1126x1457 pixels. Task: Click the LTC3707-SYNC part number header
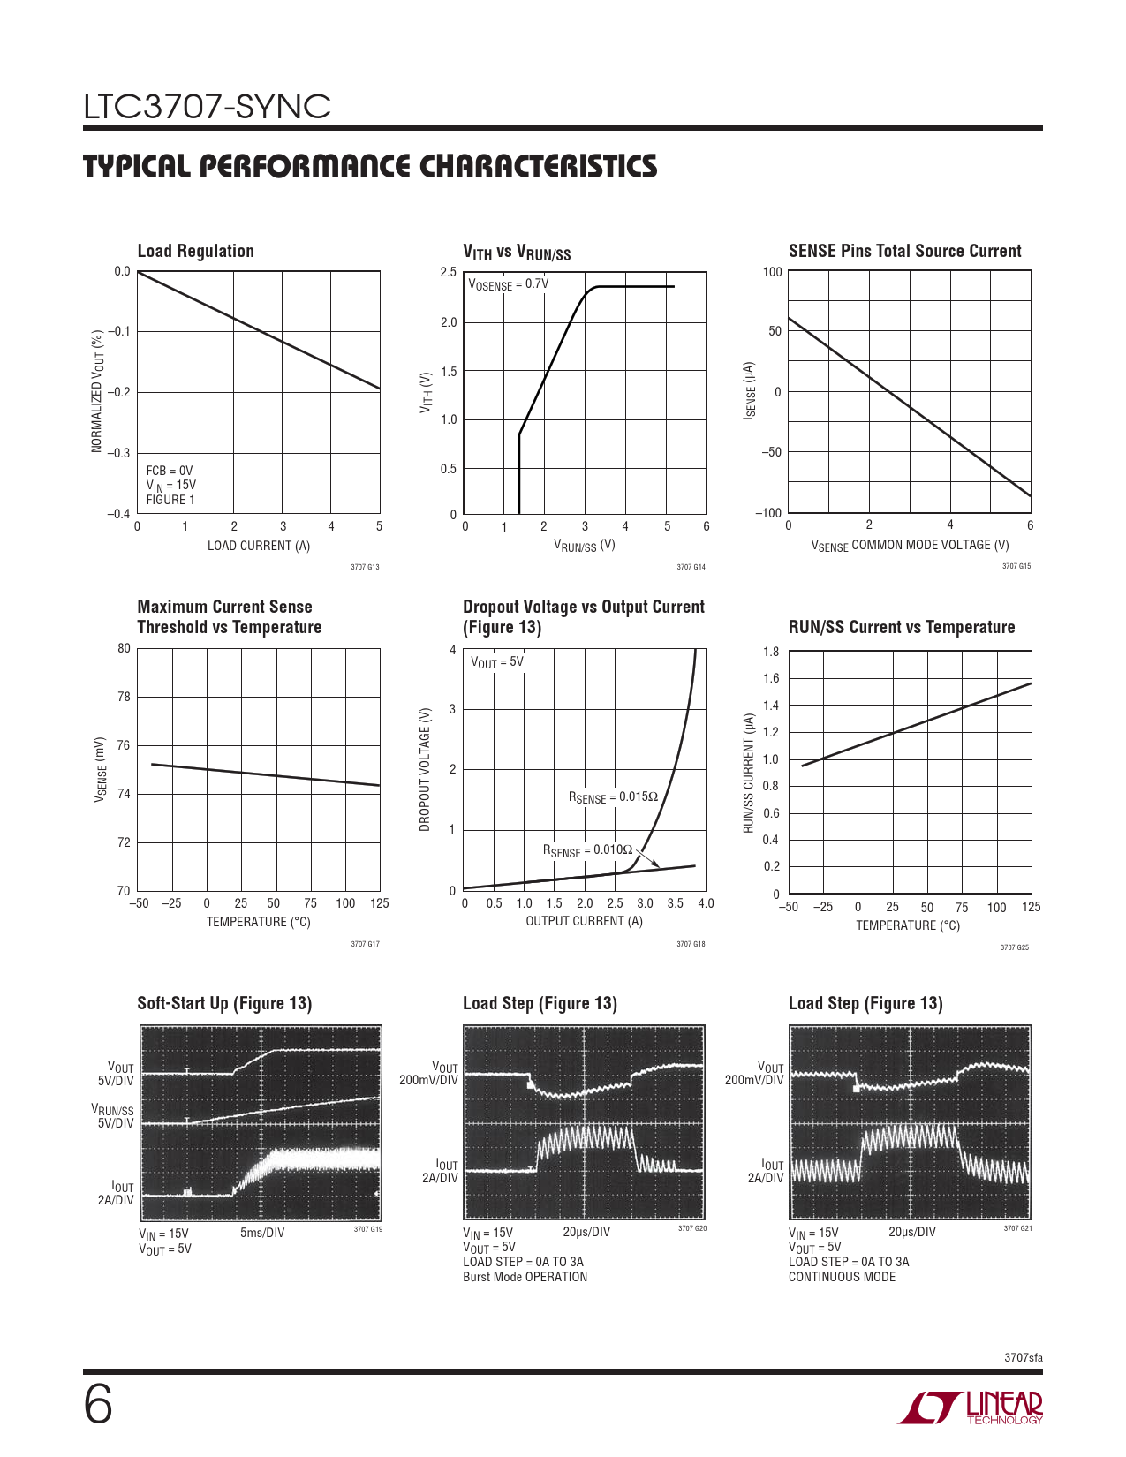tap(207, 107)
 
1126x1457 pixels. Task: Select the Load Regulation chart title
tap(195, 251)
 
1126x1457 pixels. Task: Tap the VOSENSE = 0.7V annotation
tap(508, 284)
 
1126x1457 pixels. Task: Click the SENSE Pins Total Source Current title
tap(904, 251)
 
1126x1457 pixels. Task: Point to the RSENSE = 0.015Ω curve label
tap(613, 797)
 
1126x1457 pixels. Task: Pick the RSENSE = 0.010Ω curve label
tap(587, 850)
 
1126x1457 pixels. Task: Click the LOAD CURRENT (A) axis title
tap(259, 546)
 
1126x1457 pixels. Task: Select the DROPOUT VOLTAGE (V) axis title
tap(425, 769)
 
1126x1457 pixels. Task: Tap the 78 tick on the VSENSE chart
tap(124, 697)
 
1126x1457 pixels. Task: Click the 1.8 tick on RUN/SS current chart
tap(771, 652)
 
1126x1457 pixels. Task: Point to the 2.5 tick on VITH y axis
tap(449, 272)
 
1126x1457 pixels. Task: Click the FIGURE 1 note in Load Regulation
tap(170, 500)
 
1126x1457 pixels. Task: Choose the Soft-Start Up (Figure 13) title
tap(224, 1003)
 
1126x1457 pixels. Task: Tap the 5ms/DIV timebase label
tap(262, 1233)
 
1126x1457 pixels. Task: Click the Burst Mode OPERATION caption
tap(525, 1277)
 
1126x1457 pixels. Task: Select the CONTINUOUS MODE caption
tap(842, 1277)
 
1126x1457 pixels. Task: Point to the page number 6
tap(98, 1404)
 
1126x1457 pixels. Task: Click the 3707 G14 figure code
tap(691, 567)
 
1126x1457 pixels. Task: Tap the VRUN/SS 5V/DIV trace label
tap(113, 1116)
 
